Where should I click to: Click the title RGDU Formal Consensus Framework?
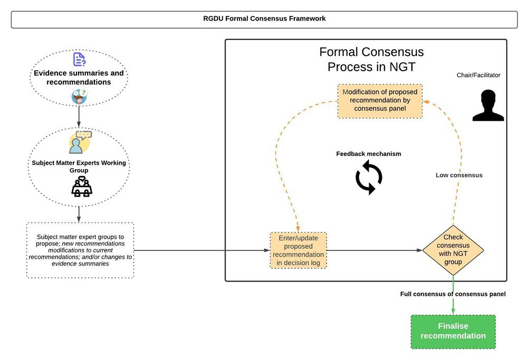(x=264, y=18)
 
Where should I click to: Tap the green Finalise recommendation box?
(x=453, y=332)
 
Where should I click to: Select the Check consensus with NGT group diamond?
(x=453, y=246)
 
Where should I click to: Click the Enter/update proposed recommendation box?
(x=298, y=250)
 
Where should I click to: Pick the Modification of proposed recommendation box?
(x=380, y=101)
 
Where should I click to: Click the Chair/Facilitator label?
(x=478, y=75)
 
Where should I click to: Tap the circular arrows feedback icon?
(x=369, y=178)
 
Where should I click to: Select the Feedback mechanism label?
(x=369, y=154)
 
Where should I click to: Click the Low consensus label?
(x=459, y=175)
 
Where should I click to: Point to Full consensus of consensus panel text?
(x=453, y=294)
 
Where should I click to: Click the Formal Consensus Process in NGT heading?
(x=371, y=60)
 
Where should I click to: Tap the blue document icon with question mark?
(x=79, y=59)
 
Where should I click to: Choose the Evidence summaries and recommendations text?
(x=79, y=77)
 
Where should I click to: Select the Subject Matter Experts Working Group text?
(x=79, y=167)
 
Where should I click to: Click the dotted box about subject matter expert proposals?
(x=80, y=250)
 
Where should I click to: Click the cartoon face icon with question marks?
(x=80, y=96)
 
